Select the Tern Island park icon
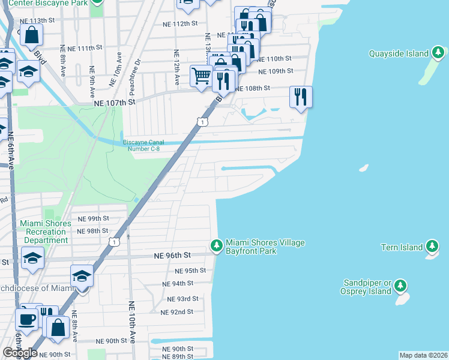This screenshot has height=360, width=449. tap(432, 247)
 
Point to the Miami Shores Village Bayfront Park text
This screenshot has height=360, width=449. tap(265, 247)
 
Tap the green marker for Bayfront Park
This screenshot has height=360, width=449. tap(216, 245)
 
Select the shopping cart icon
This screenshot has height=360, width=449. tap(201, 76)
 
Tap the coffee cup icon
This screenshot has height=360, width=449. tap(26, 320)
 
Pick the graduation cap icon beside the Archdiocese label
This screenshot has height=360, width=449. tap(82, 276)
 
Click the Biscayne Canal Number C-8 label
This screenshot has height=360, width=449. tap(141, 145)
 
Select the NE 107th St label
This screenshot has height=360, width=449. tap(115, 103)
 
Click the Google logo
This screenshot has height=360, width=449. tap(20, 353)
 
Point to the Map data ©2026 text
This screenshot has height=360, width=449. tap(423, 355)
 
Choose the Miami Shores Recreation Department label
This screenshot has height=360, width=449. tap(46, 232)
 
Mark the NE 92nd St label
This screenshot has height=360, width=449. tap(177, 312)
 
